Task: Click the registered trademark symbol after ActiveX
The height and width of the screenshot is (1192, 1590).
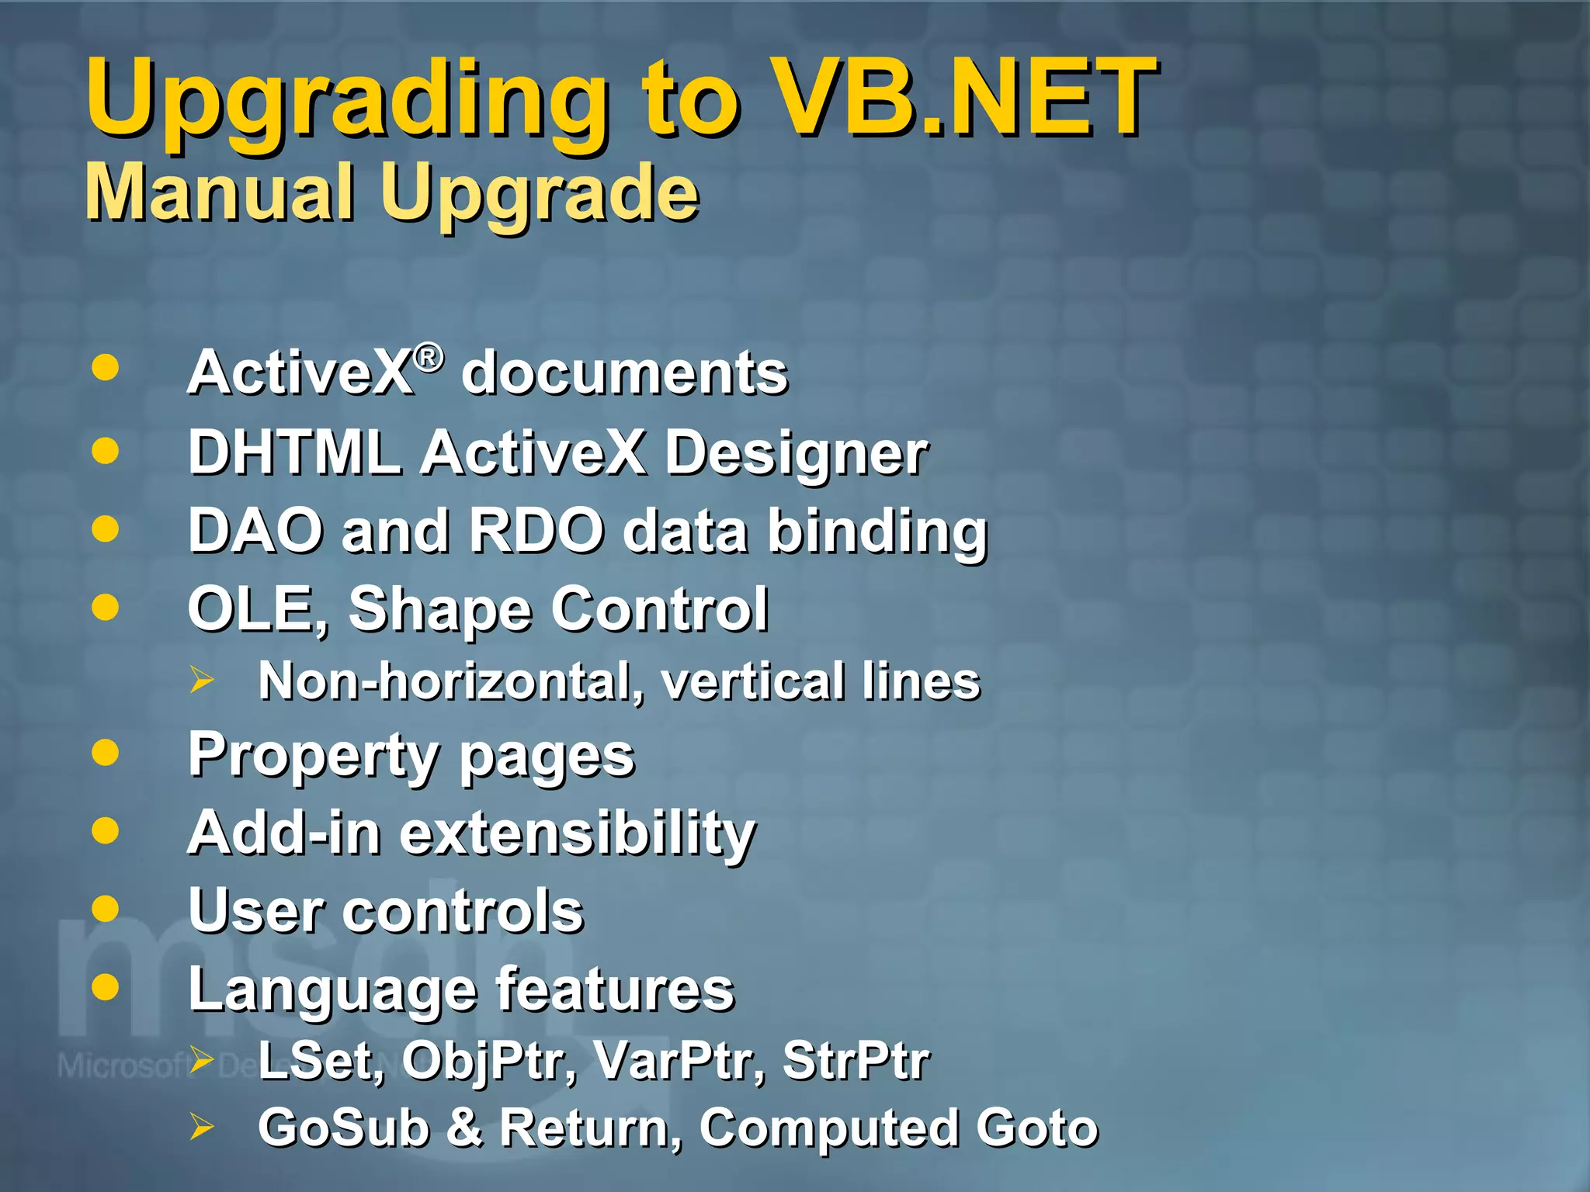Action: (429, 358)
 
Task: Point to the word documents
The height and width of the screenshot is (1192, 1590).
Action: (624, 373)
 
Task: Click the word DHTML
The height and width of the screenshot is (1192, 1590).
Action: (294, 452)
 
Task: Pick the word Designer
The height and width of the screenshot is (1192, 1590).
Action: (796, 455)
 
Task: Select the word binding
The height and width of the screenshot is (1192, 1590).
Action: (877, 533)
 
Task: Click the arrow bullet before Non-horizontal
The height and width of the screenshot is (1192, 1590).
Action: (202, 681)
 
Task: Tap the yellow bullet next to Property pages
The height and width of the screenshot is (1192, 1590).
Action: (105, 752)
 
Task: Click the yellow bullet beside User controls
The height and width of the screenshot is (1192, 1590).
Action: (105, 908)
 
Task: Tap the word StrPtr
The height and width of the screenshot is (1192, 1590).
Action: (855, 1060)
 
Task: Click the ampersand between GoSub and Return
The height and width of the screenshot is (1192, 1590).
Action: (464, 1128)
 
